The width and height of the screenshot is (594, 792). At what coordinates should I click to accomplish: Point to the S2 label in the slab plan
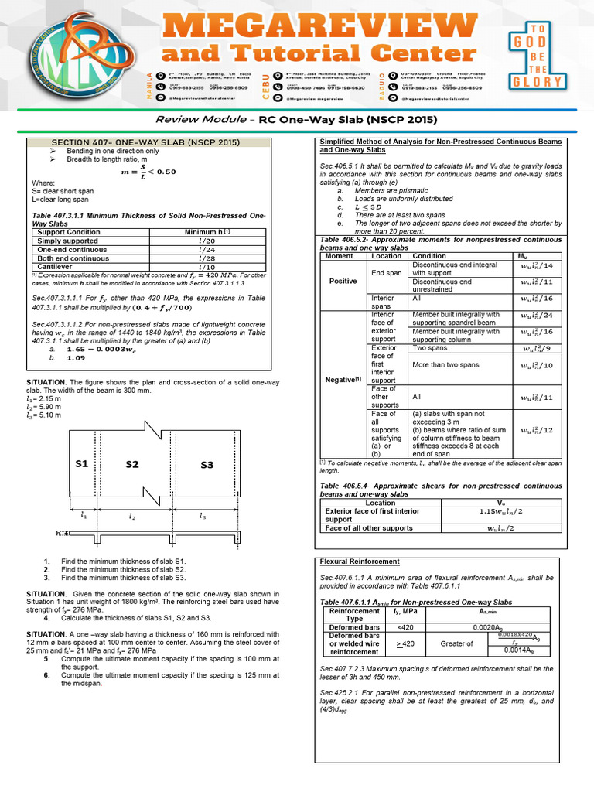131,465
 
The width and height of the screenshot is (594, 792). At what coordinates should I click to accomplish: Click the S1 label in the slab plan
81,464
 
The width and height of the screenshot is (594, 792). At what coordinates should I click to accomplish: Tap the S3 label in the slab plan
206,465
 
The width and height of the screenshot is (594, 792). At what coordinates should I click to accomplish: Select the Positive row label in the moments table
343,281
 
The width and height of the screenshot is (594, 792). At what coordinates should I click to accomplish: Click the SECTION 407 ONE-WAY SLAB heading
145,143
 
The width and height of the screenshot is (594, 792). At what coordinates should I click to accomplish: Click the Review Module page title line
296,120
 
